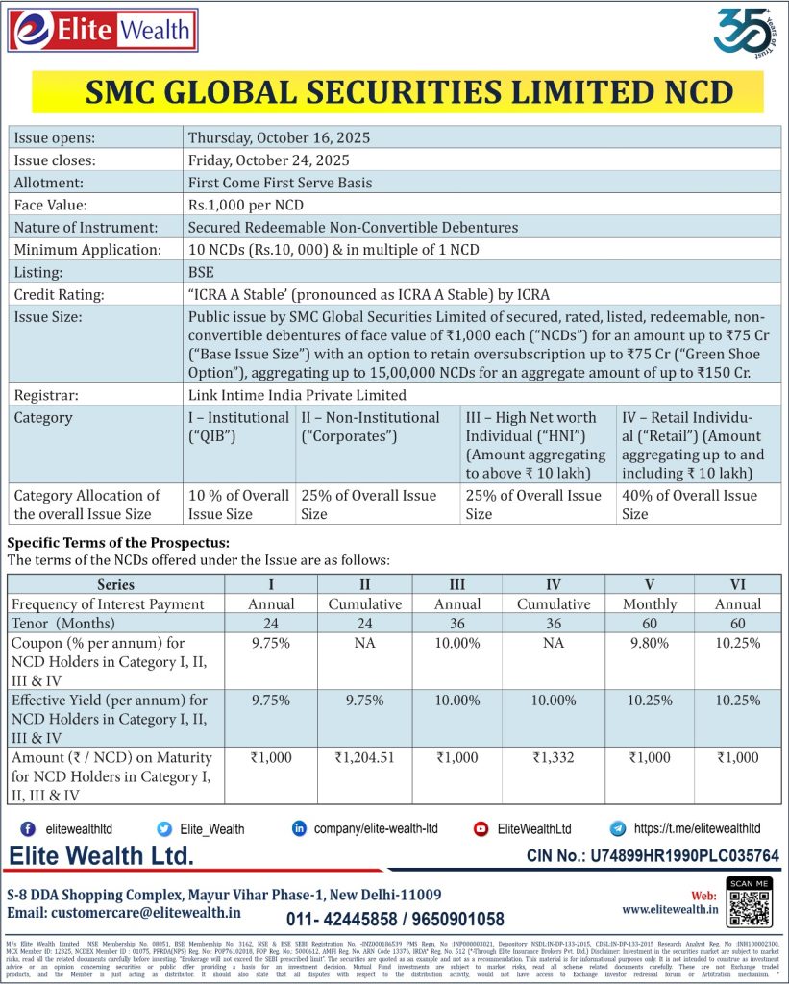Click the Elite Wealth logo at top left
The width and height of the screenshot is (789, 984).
coord(103,30)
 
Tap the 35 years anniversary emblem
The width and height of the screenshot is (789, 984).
coord(745,33)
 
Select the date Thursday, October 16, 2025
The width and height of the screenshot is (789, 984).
coord(279,137)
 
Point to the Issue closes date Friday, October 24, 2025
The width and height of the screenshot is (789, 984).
coord(268,160)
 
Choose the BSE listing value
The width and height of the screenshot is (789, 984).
coord(201,272)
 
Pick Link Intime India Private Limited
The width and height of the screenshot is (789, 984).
coord(297,394)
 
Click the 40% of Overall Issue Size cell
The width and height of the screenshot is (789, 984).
coord(689,504)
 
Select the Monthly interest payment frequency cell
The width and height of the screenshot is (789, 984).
coord(649,604)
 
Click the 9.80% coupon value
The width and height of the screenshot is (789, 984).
coord(649,643)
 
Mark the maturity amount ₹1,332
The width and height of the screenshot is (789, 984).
coord(554,758)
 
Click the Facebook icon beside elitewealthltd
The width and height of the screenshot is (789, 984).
coord(28,828)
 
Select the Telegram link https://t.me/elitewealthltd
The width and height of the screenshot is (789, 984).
coord(697,828)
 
